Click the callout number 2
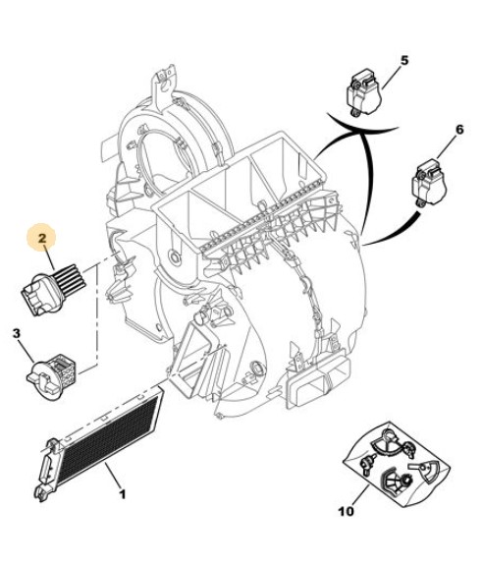pos(42,238)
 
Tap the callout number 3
pos(17,333)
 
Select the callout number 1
pos(123,494)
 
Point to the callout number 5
pos(404,60)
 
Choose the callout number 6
pos(459,130)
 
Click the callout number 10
pos(347,511)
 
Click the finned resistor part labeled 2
pos(54,290)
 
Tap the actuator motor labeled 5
pos(364,93)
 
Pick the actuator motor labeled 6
pos(429,183)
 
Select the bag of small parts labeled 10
pos(397,464)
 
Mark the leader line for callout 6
pos(448,146)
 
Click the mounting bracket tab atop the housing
pos(163,84)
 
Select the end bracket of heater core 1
pos(46,470)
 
